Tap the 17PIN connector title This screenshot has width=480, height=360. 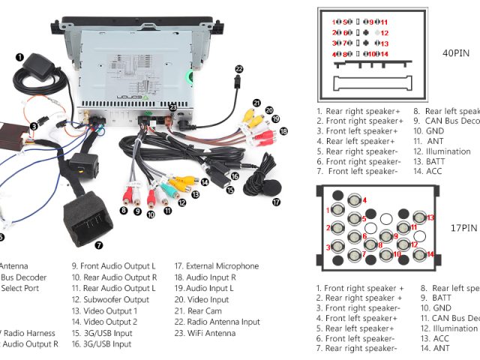463,228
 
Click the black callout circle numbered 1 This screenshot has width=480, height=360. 19,56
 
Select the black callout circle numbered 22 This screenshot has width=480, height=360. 239,68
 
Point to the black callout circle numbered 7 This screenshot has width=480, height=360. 99,244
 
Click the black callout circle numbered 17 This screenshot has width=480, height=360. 276,201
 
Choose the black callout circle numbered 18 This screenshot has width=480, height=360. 283,130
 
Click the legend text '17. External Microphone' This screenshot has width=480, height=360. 217,266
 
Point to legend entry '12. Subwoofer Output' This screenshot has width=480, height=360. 110,300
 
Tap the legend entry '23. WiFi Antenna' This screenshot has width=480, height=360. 205,334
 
